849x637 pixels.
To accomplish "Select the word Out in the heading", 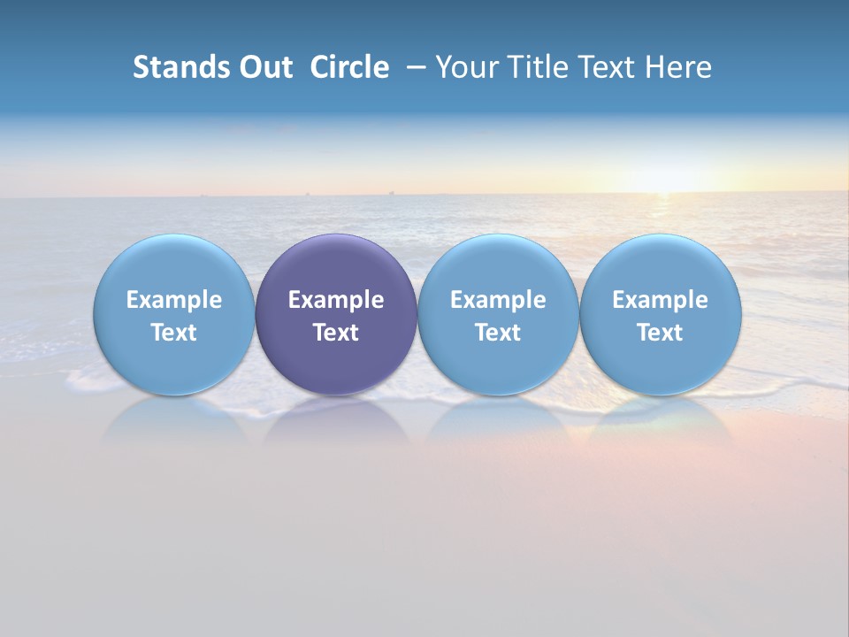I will pos(264,67).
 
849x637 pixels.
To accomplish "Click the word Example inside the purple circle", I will pos(336,300).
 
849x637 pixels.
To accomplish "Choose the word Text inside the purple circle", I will pos(336,333).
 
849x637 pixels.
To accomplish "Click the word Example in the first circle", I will pos(173,300).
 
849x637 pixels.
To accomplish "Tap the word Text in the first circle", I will pos(173,333).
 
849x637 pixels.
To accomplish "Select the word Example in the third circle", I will pos(498,300).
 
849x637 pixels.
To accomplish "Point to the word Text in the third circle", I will pos(498,333).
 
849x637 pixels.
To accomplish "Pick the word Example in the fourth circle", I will pos(660,300).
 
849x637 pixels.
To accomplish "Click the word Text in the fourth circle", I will pos(660,333).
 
